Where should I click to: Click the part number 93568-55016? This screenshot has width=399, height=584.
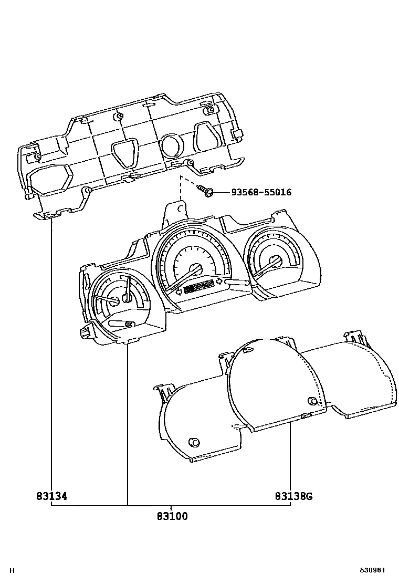[x=261, y=193]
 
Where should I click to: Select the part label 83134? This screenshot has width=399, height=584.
[x=51, y=496]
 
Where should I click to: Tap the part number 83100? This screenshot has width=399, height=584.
[x=172, y=516]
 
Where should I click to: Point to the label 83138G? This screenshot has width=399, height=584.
[x=293, y=496]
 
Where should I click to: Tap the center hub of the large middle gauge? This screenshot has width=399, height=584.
[x=197, y=269]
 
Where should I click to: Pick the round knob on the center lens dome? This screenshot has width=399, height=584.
[x=313, y=402]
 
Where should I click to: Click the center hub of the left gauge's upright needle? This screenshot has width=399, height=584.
[x=127, y=298]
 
